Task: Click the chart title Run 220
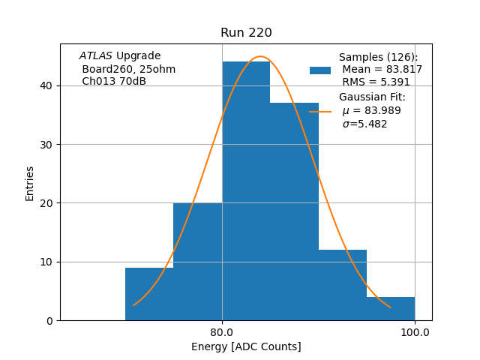pyautogui.click(x=246, y=33)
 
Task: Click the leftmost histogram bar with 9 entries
pyautogui.click(x=149, y=294)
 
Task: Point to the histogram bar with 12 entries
pyautogui.click(x=343, y=285)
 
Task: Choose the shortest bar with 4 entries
pyautogui.click(x=391, y=308)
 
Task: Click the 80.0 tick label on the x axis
pyautogui.click(x=222, y=332)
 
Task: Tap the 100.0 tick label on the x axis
pyautogui.click(x=415, y=332)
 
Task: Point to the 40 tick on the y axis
pyautogui.click(x=48, y=85)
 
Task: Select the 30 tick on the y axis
pyautogui.click(x=48, y=144)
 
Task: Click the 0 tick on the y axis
pyautogui.click(x=51, y=320)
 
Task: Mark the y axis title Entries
pyautogui.click(x=30, y=183)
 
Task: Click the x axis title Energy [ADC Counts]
pyautogui.click(x=246, y=346)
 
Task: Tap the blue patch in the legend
pyautogui.click(x=320, y=70)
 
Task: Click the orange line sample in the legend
pyautogui.click(x=320, y=111)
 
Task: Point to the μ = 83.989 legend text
pyautogui.click(x=372, y=110)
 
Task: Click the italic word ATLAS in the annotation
pyautogui.click(x=96, y=56)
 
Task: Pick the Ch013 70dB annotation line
pyautogui.click(x=114, y=81)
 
